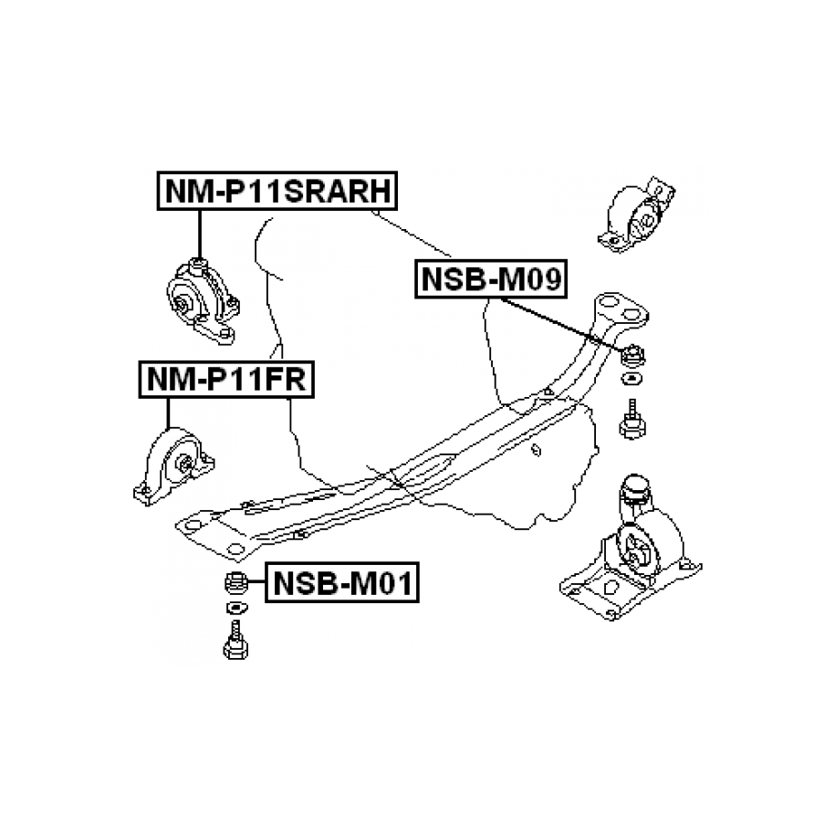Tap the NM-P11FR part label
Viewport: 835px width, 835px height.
click(224, 379)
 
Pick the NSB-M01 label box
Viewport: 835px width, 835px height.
click(342, 580)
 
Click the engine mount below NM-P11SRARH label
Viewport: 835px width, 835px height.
click(200, 297)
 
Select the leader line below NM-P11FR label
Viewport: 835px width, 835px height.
click(168, 415)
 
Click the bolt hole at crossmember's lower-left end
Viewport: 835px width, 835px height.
click(234, 549)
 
